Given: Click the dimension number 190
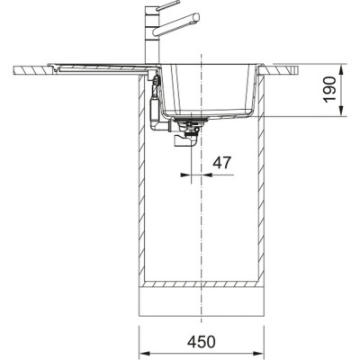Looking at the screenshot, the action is [x=329, y=89].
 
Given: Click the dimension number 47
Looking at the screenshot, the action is [x=222, y=162].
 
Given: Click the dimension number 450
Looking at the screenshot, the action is [x=202, y=342].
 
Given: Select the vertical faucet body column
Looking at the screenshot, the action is [x=151, y=36].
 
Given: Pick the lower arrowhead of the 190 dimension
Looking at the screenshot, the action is [x=341, y=110].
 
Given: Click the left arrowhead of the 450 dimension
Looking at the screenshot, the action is [x=145, y=352].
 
